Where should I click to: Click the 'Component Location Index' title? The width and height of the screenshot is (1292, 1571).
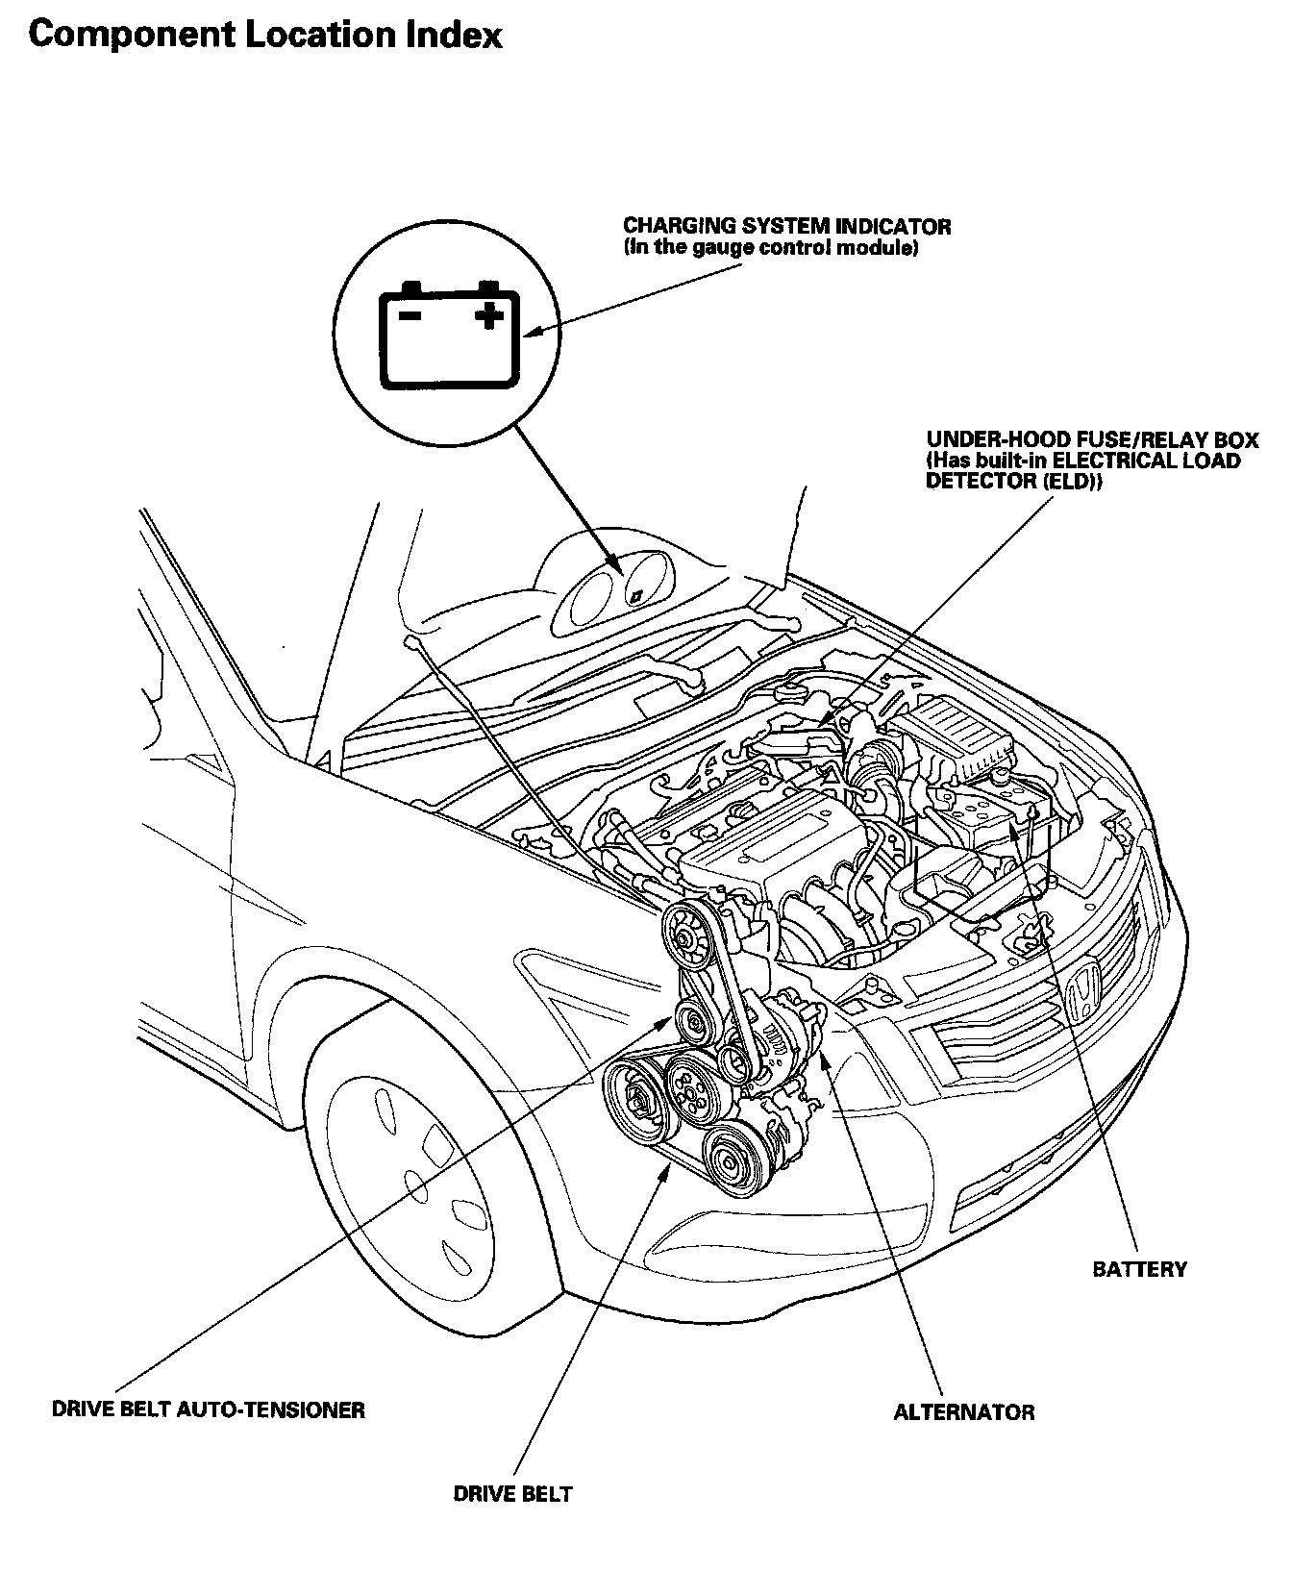coord(265,36)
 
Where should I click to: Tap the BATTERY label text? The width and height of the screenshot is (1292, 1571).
coord(1139,1269)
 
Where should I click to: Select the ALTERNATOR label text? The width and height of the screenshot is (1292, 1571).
coord(963,1412)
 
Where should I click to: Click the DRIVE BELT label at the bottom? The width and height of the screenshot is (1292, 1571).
coord(512,1494)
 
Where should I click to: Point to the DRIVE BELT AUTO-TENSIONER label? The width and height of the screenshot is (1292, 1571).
coord(208,1410)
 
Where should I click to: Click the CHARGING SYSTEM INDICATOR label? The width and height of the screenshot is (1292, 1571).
coord(787,227)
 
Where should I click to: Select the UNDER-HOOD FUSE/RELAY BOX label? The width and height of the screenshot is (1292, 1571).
coord(1092,440)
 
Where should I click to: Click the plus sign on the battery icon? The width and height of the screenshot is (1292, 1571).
coord(489,314)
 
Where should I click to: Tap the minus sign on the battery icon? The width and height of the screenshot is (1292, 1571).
coord(410,314)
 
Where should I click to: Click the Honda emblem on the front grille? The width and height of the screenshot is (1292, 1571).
coord(1082,993)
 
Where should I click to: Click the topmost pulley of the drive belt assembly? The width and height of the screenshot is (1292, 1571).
coord(684,935)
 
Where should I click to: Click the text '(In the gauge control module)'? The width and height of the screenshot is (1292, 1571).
coord(771,249)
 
